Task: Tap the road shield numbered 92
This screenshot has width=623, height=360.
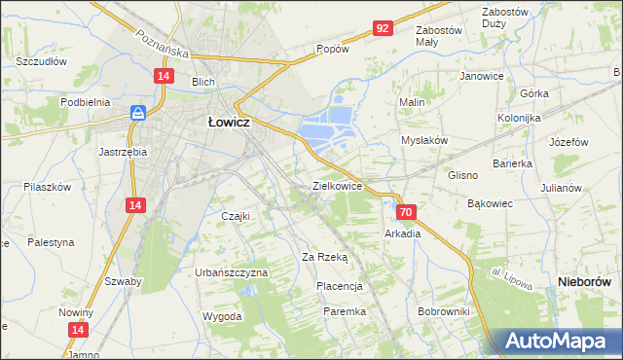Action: coord(382,29)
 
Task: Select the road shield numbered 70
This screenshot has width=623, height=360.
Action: coord(407,211)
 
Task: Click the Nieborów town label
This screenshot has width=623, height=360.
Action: coord(586,281)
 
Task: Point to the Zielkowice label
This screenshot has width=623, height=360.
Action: coord(337,185)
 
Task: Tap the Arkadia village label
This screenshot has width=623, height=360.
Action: coord(402,234)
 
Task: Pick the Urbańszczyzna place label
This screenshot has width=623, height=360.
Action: coord(231,272)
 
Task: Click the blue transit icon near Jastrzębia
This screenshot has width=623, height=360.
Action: coord(139,113)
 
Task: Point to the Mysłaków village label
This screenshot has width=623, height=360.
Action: coord(424,140)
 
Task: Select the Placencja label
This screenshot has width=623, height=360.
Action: coord(339,286)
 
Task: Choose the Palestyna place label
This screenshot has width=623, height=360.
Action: coord(52,241)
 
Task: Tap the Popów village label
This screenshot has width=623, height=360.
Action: coord(332,48)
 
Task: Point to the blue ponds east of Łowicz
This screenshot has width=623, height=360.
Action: coord(325,126)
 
